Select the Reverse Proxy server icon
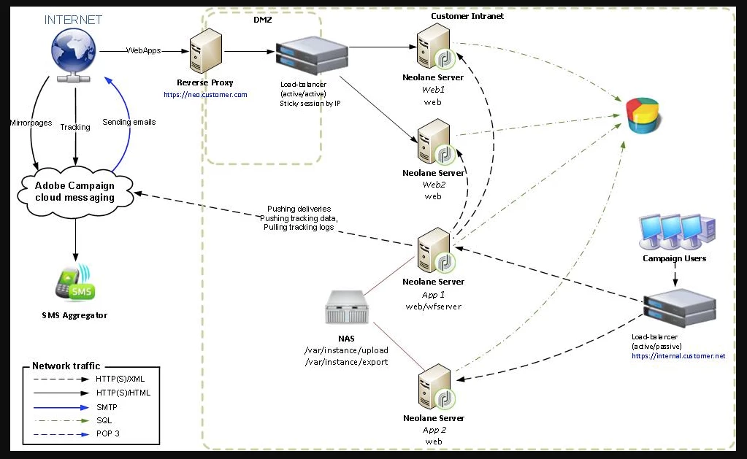click(204, 53)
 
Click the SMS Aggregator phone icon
click(73, 285)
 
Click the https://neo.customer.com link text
click(205, 95)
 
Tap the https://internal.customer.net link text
click(678, 355)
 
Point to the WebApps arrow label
click(144, 50)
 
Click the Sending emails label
click(129, 122)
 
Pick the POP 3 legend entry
click(108, 433)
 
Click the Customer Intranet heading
click(467, 16)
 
